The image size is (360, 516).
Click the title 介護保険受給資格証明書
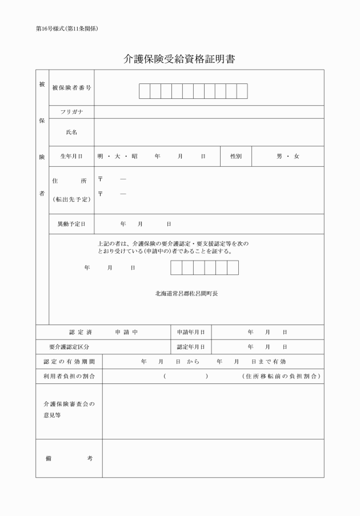179,59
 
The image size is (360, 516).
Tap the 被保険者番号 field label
71,88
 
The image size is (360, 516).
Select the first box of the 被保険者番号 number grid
144,91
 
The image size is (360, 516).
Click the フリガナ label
71,112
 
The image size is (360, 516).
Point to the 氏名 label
71,132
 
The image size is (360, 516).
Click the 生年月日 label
71,156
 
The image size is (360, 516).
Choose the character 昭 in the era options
134,156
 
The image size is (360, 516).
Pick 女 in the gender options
297,156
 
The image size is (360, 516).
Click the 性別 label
236,156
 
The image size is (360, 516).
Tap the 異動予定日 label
71,223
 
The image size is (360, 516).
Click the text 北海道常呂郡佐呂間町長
186,293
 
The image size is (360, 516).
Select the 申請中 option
126,331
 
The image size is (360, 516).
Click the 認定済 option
81,331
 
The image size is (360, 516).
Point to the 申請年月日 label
190,331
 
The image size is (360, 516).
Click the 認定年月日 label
190,346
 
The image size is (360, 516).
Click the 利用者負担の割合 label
69,376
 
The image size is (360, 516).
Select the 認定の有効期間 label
69,361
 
